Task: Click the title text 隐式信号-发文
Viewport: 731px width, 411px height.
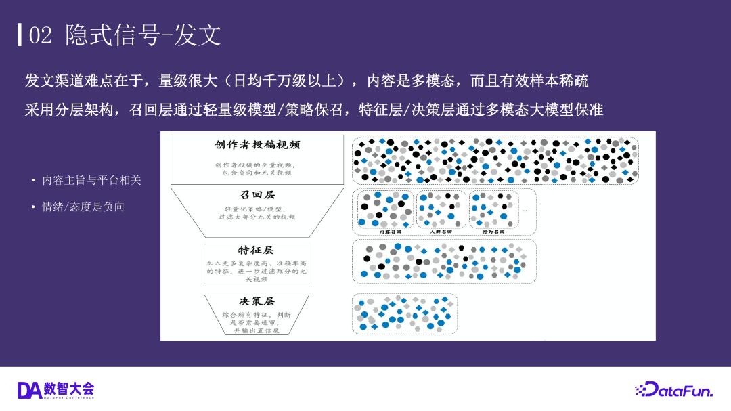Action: coord(143,36)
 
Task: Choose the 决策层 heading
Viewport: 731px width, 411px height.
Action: coord(257,301)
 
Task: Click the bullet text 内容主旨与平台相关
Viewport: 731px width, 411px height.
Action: coord(91,180)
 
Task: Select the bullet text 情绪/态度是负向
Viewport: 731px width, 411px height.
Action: coord(83,207)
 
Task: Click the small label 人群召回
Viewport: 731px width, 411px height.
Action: coord(441,232)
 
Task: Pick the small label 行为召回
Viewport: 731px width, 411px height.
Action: coord(493,232)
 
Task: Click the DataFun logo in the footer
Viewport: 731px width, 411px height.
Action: coord(673,391)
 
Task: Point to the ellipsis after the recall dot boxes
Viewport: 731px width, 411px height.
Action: coord(524,211)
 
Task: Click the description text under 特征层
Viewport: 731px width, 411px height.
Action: coord(257,270)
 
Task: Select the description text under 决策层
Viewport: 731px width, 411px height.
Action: coord(257,323)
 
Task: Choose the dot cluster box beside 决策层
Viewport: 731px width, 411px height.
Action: coord(405,313)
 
